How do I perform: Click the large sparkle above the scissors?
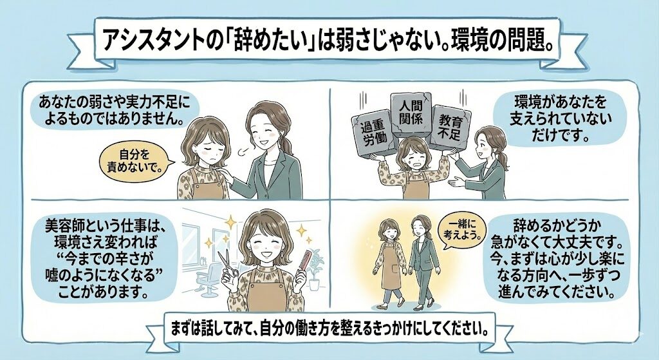[x=230, y=222]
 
